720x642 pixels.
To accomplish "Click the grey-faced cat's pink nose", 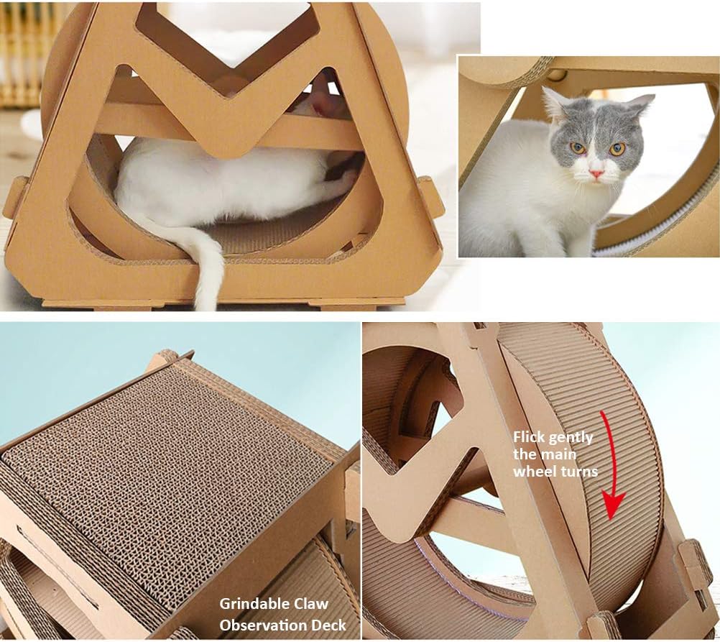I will (x=596, y=173).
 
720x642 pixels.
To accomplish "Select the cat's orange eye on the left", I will (x=577, y=147).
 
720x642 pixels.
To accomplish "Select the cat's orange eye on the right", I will (x=617, y=149).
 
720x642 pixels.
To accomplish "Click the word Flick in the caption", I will (x=530, y=437).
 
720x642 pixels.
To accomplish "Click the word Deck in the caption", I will (x=331, y=625).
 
